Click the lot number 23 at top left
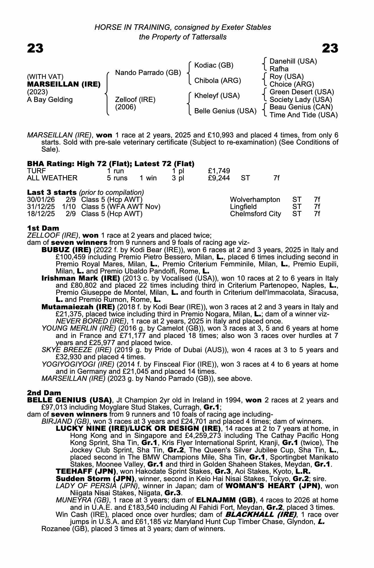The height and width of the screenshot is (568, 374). coord(35,48)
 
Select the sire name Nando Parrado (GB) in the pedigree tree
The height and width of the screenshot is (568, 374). coord(148,73)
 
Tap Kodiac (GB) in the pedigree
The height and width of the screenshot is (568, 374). coord(214,65)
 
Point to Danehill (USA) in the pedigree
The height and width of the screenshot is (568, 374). coord(293,61)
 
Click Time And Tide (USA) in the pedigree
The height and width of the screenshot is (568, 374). coord(303,115)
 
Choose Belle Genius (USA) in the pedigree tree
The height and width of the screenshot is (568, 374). coord(225,111)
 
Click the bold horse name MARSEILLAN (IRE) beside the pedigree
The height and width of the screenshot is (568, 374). coord(64,84)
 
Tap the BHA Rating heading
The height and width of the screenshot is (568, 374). coord(110,164)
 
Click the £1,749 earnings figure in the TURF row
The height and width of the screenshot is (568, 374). coord(219,171)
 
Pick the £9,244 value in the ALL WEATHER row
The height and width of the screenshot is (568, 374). coord(219,178)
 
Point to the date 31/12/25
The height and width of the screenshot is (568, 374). coord(41,207)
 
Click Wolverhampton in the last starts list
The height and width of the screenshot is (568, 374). coord(255,200)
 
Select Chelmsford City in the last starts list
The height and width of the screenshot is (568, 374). coord(255,214)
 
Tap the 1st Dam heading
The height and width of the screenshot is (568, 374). coord(43,228)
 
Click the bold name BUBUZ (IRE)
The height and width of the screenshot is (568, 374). coord(66,250)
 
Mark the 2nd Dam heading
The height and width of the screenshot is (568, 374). coord(44,393)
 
